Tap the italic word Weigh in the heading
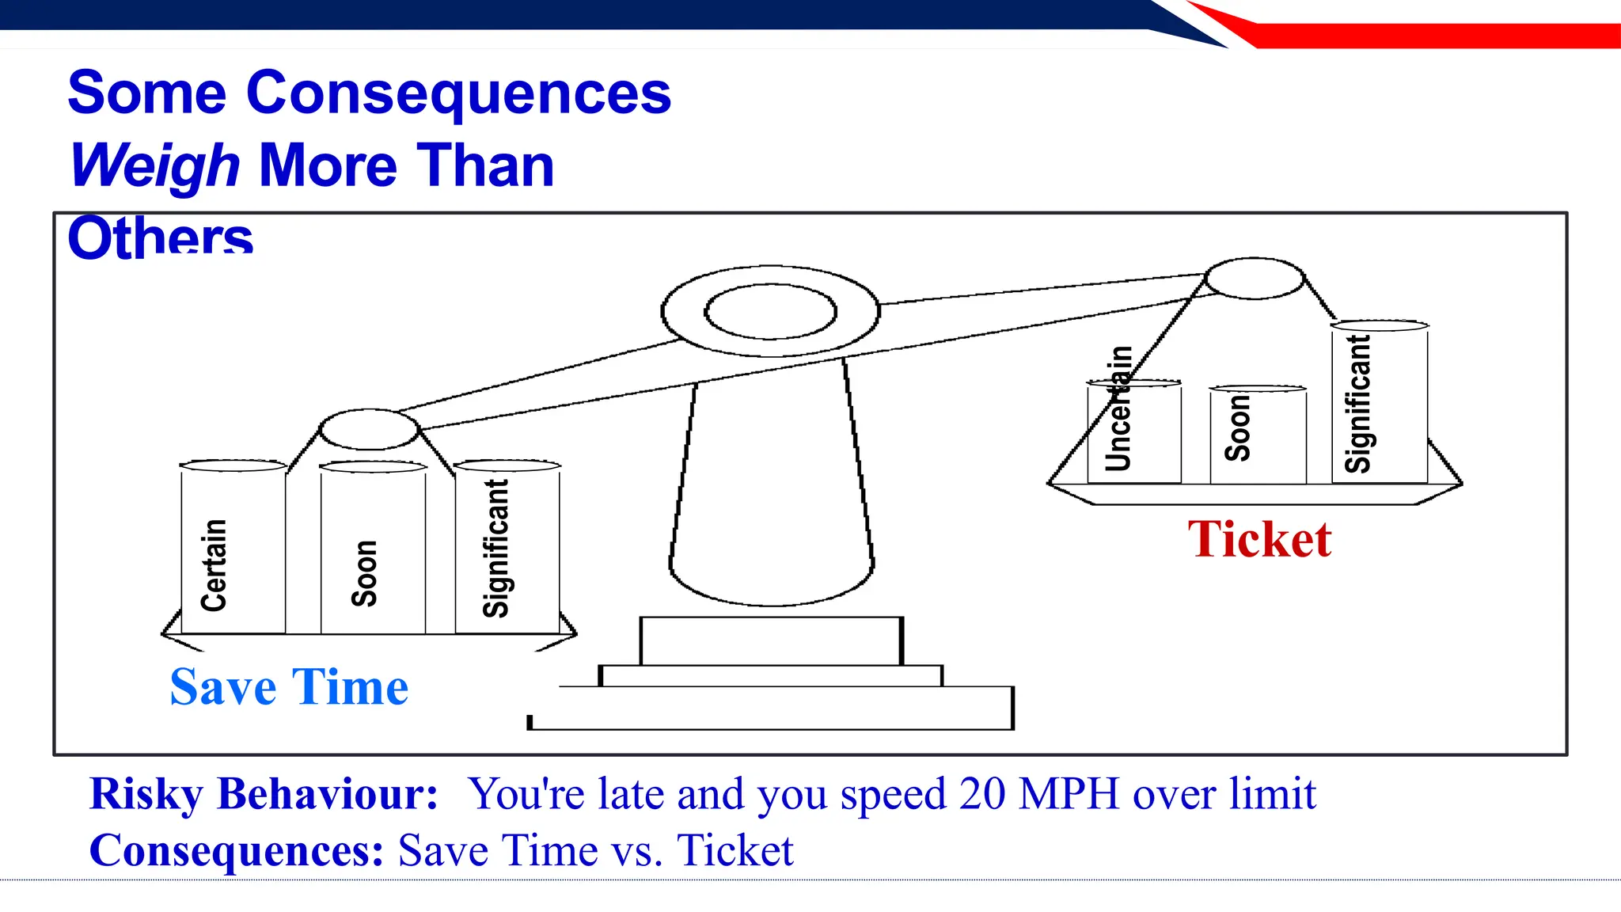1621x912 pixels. [154, 166]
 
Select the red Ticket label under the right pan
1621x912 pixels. [1259, 540]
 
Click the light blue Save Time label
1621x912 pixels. [289, 687]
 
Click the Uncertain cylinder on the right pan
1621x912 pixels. [1133, 431]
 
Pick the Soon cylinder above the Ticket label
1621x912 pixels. [1257, 435]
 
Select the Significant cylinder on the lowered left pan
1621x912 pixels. [507, 546]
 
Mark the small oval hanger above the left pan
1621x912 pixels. [369, 430]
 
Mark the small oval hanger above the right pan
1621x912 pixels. [1254, 279]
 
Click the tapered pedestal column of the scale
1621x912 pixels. [772, 491]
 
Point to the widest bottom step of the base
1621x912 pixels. [772, 709]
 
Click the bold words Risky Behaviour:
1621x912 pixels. [264, 793]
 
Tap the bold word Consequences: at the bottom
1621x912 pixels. [237, 851]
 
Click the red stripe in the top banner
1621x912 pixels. [1425, 36]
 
